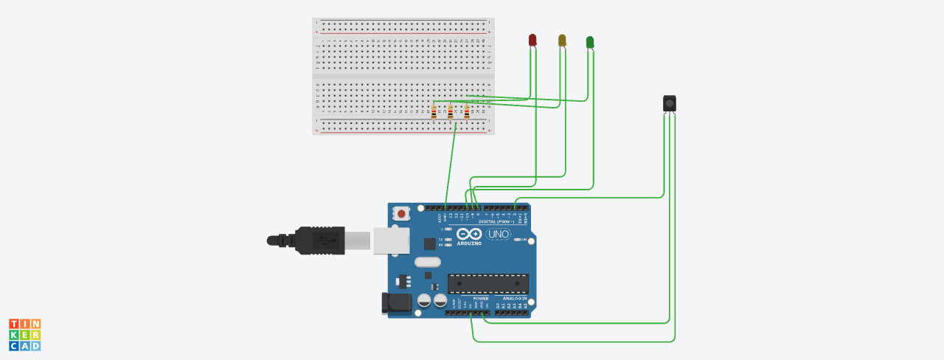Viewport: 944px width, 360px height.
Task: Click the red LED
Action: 533,40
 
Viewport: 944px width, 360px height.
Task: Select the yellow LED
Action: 562,40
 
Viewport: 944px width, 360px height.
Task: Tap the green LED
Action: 589,42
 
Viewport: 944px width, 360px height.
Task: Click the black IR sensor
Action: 669,103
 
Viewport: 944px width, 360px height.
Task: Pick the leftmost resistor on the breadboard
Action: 434,113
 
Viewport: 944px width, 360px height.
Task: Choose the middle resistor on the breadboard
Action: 450,113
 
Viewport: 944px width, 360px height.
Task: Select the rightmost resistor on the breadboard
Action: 467,113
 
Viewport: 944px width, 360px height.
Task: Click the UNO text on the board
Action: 499,235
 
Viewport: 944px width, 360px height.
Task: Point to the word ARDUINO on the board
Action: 469,243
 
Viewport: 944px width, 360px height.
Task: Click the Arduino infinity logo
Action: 469,234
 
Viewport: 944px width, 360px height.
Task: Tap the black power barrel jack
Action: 395,303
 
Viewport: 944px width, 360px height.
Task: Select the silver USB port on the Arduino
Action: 391,240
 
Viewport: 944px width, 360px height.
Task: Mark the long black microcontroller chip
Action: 488,283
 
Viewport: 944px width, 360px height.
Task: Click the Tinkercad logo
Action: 25,335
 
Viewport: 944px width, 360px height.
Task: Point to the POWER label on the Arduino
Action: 471,299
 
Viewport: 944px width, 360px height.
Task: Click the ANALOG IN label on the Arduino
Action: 515,299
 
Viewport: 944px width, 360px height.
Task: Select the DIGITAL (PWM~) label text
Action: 497,221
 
